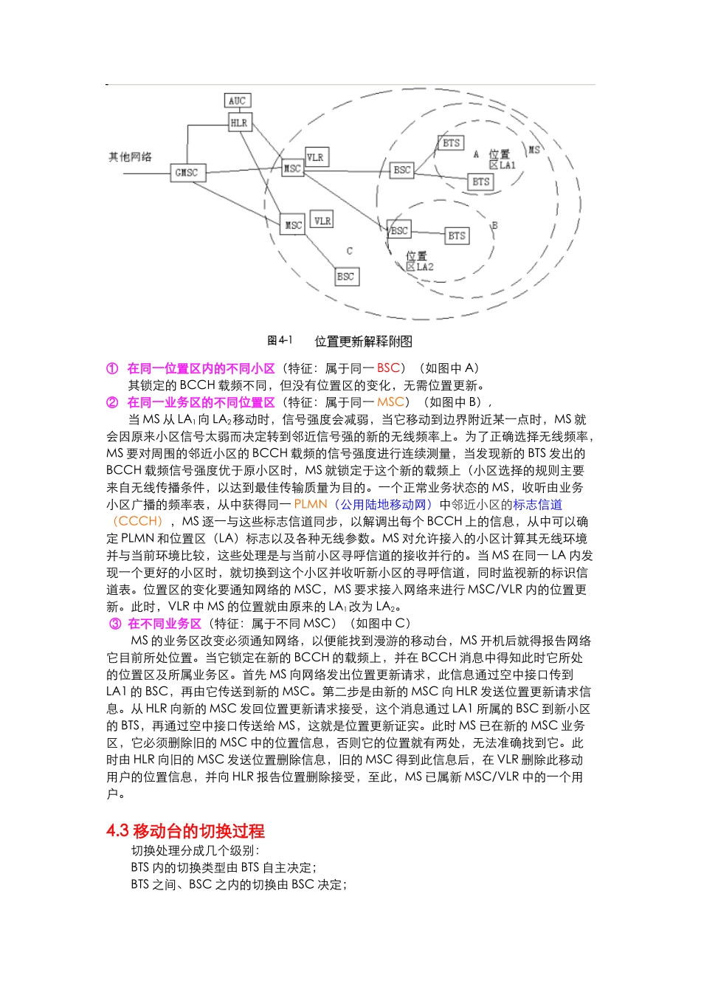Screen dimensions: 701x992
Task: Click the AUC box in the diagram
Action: (x=237, y=101)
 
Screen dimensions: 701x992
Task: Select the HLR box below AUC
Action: (x=239, y=123)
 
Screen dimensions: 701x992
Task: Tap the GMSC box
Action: (x=187, y=173)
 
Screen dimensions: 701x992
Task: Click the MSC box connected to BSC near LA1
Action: (x=293, y=168)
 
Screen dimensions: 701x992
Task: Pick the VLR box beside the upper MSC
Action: (x=315, y=156)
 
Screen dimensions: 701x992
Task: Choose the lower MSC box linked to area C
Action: (x=293, y=224)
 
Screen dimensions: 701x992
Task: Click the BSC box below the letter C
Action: (x=345, y=276)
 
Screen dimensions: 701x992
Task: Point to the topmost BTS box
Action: (x=450, y=143)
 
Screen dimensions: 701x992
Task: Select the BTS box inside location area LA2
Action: (x=457, y=235)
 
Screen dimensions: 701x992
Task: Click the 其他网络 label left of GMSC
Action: (x=131, y=156)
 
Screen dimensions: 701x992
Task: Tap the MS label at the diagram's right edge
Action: (x=533, y=149)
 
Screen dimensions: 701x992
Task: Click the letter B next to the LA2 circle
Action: (x=494, y=225)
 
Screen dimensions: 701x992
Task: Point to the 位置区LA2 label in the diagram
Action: (x=419, y=261)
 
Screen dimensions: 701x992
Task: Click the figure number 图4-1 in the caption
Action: (x=280, y=340)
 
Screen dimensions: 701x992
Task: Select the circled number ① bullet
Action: (x=112, y=368)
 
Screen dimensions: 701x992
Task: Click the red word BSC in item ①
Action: (x=388, y=368)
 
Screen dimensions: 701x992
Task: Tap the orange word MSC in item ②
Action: (x=390, y=402)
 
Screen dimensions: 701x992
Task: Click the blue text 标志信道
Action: (x=537, y=504)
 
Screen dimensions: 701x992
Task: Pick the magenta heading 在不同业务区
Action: (x=165, y=624)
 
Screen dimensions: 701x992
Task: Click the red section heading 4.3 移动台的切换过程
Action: (x=185, y=830)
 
